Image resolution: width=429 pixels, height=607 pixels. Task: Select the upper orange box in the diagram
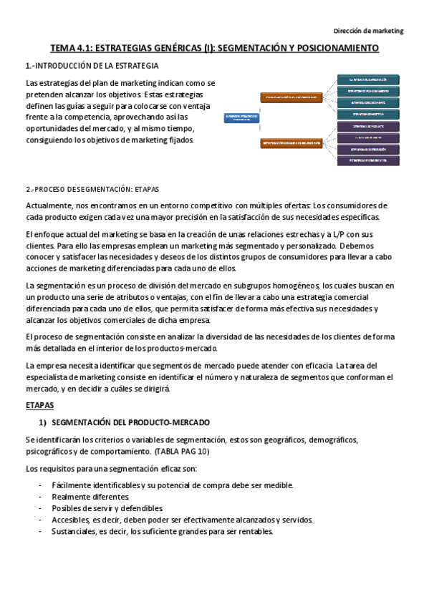click(x=291, y=96)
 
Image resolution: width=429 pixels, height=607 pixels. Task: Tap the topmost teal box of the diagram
click(x=368, y=79)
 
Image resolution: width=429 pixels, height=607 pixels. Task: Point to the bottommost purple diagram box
click(x=368, y=160)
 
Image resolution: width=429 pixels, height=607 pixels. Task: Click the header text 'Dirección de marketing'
click(x=370, y=31)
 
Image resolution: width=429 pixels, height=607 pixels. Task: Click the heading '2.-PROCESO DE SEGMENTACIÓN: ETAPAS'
click(x=92, y=190)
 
